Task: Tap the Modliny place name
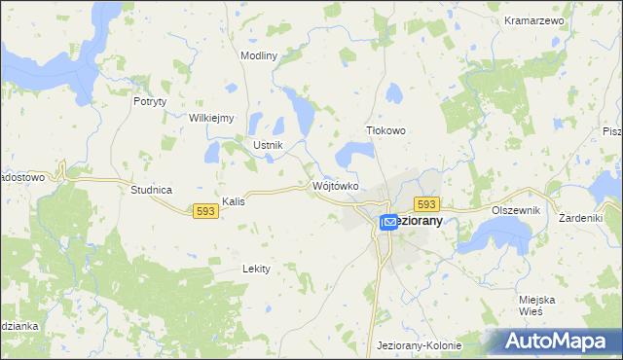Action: tap(259, 55)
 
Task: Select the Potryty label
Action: tap(151, 100)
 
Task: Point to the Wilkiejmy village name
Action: tap(212, 118)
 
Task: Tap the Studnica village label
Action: tap(151, 190)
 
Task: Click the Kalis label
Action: tap(233, 201)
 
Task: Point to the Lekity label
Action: tap(256, 268)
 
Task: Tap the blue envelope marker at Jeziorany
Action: tap(388, 223)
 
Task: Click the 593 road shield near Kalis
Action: tap(204, 210)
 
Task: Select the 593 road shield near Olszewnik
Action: tap(427, 203)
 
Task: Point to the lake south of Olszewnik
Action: tap(503, 234)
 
